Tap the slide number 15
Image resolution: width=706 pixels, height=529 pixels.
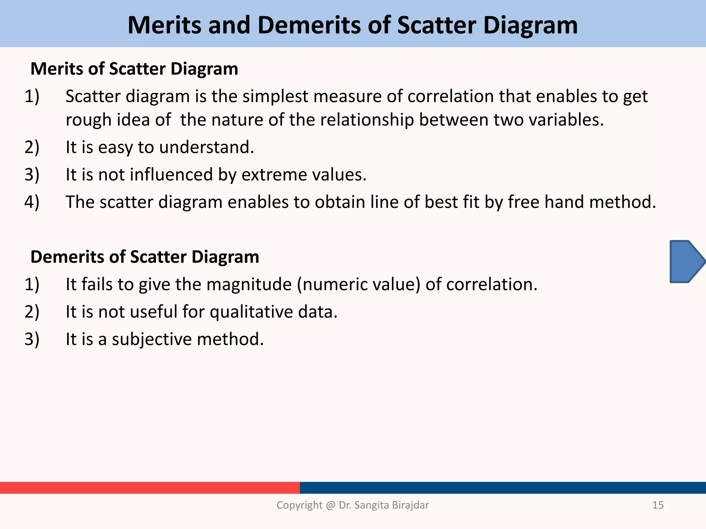tap(658, 505)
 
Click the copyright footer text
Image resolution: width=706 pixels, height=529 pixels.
tap(353, 505)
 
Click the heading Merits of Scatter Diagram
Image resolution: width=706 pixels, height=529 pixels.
tap(134, 69)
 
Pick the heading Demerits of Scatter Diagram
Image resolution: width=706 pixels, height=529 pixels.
tap(144, 257)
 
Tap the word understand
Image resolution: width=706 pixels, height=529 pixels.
tap(206, 147)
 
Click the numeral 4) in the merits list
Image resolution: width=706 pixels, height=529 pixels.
tap(32, 202)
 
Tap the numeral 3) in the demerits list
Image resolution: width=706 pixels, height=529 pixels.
tap(32, 339)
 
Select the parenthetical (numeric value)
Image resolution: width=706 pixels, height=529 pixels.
tap(359, 284)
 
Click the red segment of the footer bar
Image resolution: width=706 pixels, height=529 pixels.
tap(150, 488)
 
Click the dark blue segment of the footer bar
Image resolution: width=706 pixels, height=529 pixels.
tap(503, 488)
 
